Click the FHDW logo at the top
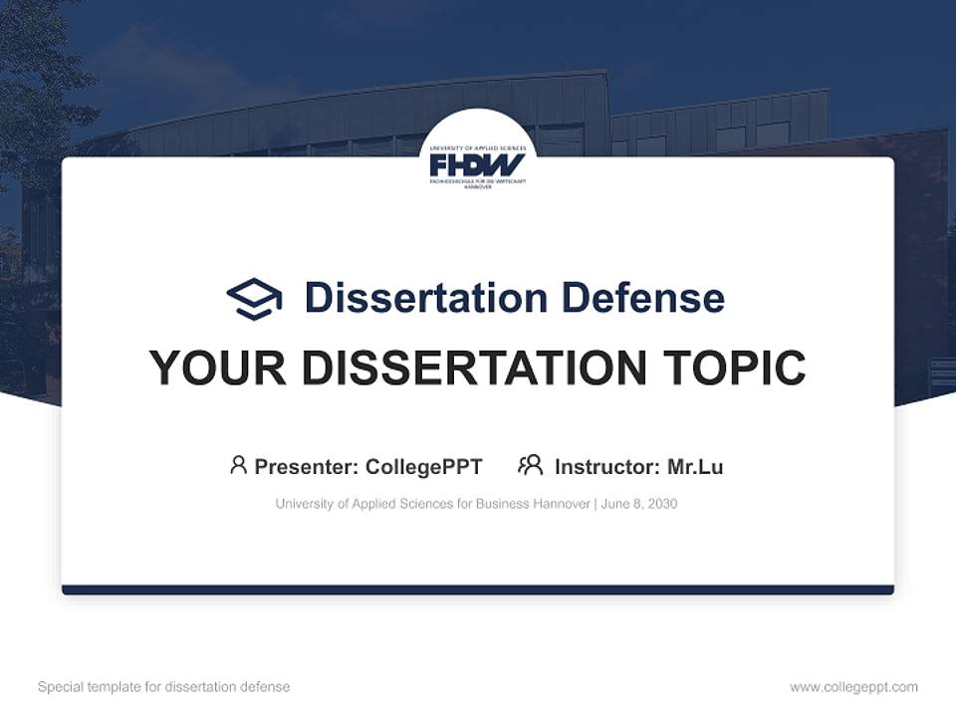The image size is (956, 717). (477, 164)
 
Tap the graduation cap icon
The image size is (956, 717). (254, 299)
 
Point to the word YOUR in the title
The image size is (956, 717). (216, 368)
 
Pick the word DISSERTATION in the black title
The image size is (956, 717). (474, 368)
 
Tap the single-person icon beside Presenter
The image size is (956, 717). (238, 465)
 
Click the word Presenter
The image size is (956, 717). (306, 467)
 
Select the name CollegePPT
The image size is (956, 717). (424, 467)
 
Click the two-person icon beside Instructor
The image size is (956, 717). (531, 465)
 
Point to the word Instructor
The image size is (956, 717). (605, 467)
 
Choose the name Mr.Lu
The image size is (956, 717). (695, 467)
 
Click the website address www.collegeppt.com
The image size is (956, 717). (853, 687)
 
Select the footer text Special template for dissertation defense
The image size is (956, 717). (164, 687)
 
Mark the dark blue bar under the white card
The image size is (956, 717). (478, 590)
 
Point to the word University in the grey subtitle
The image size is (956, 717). (305, 504)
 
